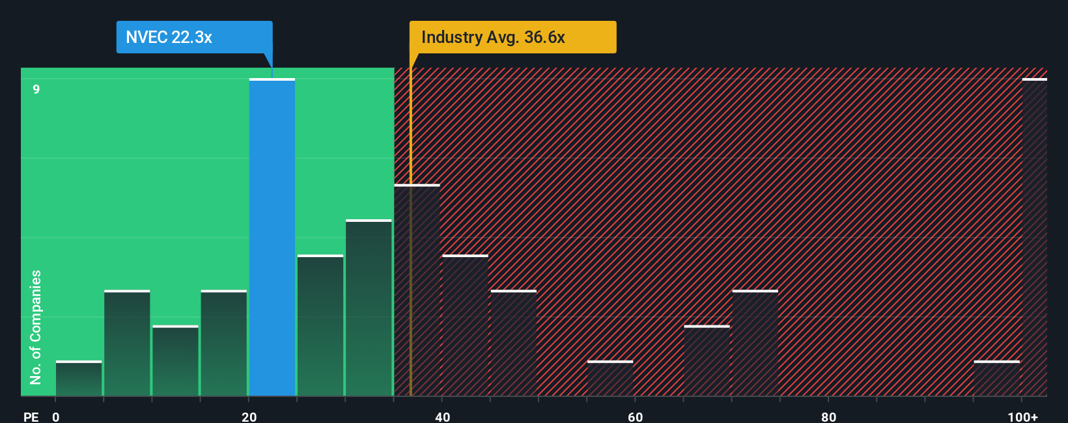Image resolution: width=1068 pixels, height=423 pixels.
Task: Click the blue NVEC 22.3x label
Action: pyautogui.click(x=194, y=37)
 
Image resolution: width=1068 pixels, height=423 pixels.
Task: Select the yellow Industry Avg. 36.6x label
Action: pyautogui.click(x=513, y=37)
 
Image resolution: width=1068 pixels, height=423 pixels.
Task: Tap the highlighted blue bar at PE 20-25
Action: pyautogui.click(x=272, y=238)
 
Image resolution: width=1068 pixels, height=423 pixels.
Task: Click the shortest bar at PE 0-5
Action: pyautogui.click(x=79, y=379)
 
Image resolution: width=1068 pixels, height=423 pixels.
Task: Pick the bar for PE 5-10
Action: pyautogui.click(x=127, y=343)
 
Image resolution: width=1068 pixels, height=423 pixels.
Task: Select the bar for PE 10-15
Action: pyautogui.click(x=175, y=361)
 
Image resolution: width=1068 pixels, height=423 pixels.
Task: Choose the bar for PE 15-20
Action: pyautogui.click(x=224, y=343)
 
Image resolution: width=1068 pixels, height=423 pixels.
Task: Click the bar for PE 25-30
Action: pyautogui.click(x=320, y=325)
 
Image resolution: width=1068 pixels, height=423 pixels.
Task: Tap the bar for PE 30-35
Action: pyautogui.click(x=369, y=308)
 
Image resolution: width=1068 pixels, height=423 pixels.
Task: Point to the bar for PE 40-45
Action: pyautogui.click(x=465, y=325)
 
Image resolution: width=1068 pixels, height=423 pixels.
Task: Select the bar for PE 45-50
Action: pyautogui.click(x=514, y=343)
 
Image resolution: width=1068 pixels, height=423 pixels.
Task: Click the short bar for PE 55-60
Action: pyautogui.click(x=610, y=379)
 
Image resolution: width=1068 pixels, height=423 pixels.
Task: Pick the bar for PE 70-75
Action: pyautogui.click(x=755, y=343)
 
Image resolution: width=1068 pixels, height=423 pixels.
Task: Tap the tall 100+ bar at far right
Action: pyautogui.click(x=1034, y=238)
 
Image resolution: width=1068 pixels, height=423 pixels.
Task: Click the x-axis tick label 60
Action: pyautogui.click(x=635, y=416)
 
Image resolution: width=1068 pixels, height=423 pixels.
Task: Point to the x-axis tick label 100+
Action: pyautogui.click(x=1023, y=416)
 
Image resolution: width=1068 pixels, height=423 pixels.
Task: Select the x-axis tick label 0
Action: pyautogui.click(x=56, y=416)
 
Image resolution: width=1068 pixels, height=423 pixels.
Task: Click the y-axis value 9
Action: pyautogui.click(x=36, y=89)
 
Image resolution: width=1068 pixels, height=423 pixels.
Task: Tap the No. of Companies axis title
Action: pyautogui.click(x=36, y=327)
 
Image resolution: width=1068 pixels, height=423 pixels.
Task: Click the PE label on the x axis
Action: pyautogui.click(x=31, y=416)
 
